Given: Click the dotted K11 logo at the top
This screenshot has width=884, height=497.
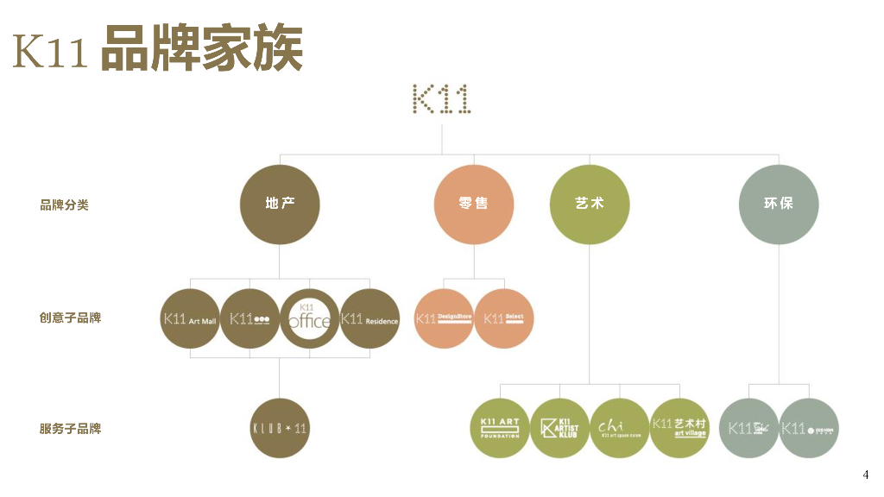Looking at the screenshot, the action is (441, 99).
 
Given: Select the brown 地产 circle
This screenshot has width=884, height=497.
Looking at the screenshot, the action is (280, 204).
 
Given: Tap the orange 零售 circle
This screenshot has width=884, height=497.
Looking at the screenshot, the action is (473, 204).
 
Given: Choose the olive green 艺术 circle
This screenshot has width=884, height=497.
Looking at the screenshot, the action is (590, 204).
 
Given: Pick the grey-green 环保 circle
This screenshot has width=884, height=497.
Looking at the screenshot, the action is (779, 204).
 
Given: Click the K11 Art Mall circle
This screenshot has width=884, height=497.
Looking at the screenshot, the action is (191, 318).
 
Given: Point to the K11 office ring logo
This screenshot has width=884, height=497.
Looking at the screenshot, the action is (309, 318).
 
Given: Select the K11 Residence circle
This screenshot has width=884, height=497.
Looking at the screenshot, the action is (369, 318).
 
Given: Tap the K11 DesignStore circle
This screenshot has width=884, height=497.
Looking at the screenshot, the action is (445, 318).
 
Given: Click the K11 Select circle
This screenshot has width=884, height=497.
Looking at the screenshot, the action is (504, 318).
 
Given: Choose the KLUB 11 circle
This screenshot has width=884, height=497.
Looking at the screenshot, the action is (280, 428).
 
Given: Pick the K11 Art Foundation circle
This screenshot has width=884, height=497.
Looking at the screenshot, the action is (500, 428).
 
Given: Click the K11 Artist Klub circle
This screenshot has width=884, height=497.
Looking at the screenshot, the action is (559, 428).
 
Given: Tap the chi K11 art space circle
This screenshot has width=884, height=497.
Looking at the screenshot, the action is (620, 428).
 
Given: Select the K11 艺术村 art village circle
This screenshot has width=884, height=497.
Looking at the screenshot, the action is (679, 428).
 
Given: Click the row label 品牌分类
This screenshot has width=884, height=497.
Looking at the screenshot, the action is (64, 205).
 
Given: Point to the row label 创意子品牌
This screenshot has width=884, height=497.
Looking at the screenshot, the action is (70, 318).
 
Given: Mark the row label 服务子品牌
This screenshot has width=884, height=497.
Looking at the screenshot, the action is (70, 428).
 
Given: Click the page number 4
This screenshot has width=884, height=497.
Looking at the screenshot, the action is (866, 475).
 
